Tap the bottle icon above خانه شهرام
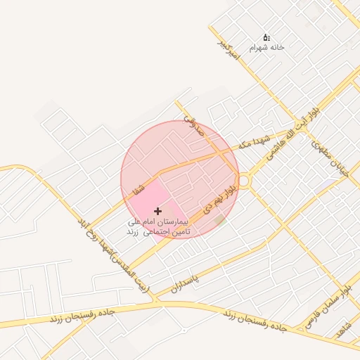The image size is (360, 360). click(x=266, y=37)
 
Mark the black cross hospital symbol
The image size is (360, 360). click(x=157, y=211)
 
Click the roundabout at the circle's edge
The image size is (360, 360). click(x=244, y=181)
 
